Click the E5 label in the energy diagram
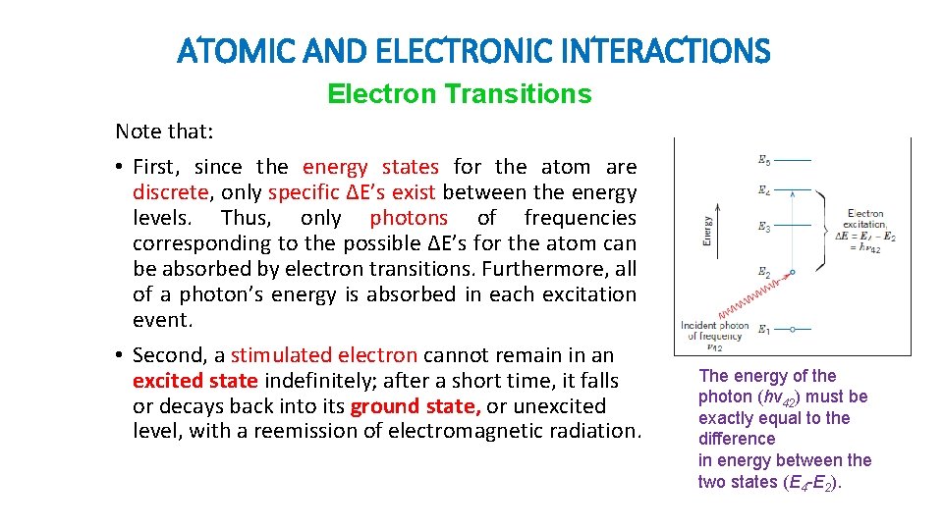(x=764, y=158)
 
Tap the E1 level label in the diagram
(x=764, y=329)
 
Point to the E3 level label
(x=764, y=227)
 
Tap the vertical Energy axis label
(x=706, y=231)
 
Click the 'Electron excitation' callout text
(x=866, y=219)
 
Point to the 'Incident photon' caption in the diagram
(x=715, y=326)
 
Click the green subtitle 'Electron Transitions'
(x=459, y=94)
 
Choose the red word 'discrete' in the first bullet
(x=171, y=192)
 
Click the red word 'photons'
(x=408, y=218)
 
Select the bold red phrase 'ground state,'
(x=416, y=406)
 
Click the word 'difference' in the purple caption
(x=737, y=439)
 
